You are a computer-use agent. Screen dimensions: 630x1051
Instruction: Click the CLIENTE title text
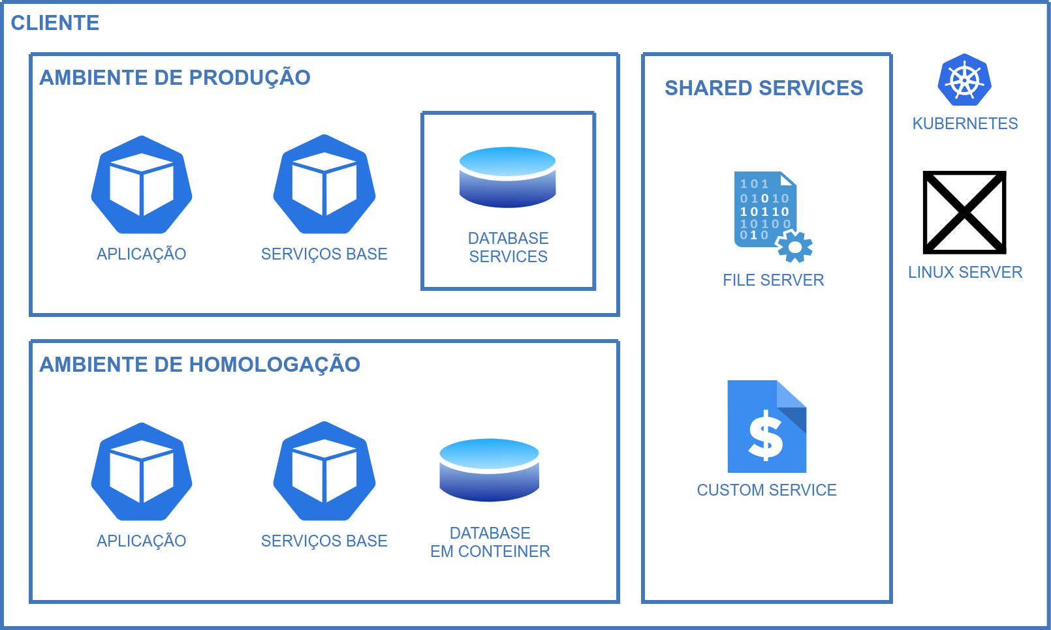click(x=55, y=23)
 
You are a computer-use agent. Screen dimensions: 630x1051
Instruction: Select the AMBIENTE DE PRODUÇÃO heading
click(x=175, y=78)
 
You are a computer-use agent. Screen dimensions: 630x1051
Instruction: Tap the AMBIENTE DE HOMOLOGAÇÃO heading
click(x=200, y=365)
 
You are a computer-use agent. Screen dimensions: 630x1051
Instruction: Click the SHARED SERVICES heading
click(x=764, y=88)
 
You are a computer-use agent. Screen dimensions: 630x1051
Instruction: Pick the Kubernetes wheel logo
click(x=965, y=80)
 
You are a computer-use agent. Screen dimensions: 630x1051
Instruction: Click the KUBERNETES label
click(x=965, y=124)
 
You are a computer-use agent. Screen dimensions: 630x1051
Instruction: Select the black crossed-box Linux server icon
click(x=964, y=213)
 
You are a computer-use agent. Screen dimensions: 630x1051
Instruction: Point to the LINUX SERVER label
click(x=965, y=273)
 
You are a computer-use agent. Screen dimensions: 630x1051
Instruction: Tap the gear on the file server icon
click(x=794, y=247)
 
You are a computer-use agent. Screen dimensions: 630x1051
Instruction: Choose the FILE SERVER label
click(x=773, y=280)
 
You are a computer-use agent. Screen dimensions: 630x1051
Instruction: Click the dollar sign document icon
click(x=766, y=427)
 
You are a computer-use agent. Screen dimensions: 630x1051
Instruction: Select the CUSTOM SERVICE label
click(x=766, y=490)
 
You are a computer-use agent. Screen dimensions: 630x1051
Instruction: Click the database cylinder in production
click(x=507, y=177)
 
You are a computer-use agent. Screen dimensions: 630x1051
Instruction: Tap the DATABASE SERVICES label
click(x=508, y=248)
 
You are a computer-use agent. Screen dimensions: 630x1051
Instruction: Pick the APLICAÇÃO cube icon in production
click(x=142, y=185)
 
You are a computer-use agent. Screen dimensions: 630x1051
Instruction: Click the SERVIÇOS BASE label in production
click(x=324, y=254)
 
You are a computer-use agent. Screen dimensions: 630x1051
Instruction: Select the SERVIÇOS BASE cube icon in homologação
click(x=324, y=472)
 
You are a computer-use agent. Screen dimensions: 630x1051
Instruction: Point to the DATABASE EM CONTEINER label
click(x=490, y=543)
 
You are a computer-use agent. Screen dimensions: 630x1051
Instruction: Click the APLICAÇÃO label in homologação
click(x=142, y=541)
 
